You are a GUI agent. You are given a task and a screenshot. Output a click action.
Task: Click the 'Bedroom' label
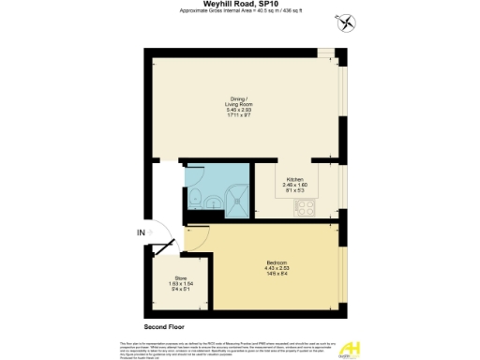pyautogui.click(x=276, y=262)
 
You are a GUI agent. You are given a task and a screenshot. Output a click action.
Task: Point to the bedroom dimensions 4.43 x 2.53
pyautogui.click(x=276, y=268)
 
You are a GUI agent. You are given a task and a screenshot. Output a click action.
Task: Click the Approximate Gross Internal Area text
pyautogui.click(x=241, y=13)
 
